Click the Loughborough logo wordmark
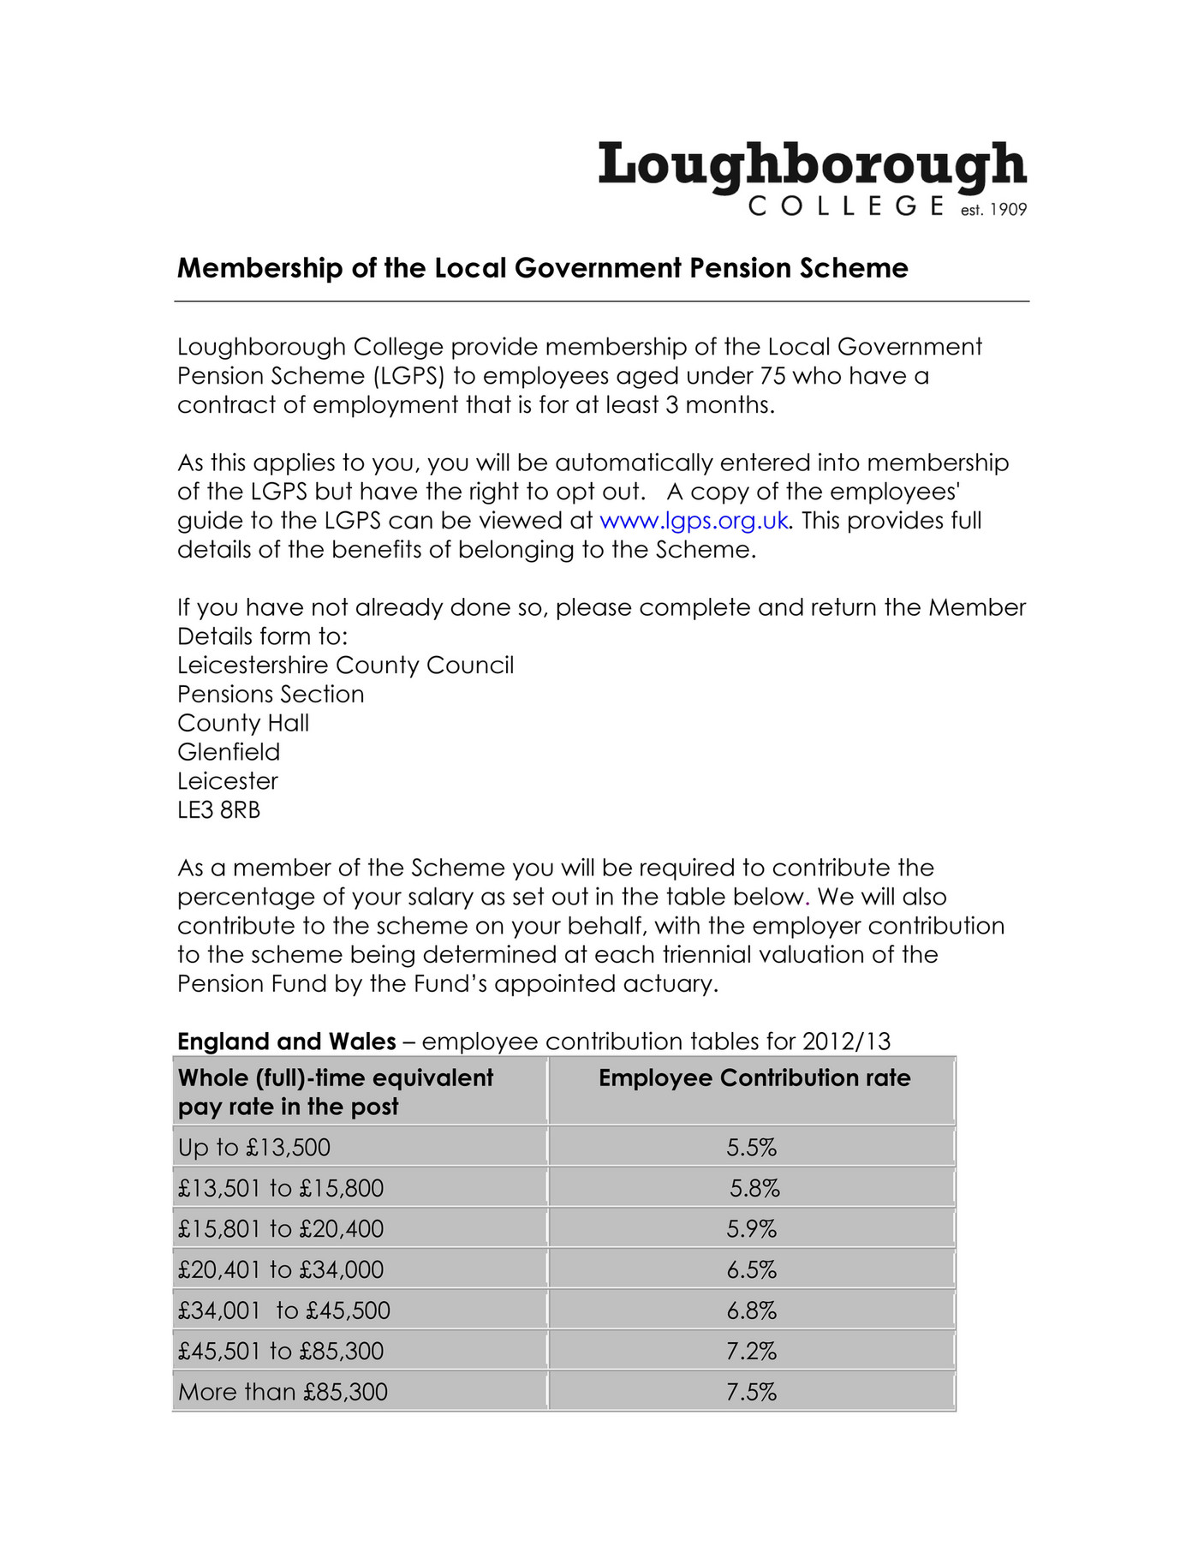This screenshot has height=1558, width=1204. click(x=811, y=166)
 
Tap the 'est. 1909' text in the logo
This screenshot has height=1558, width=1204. click(x=993, y=210)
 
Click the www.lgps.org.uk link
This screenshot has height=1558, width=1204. click(x=694, y=521)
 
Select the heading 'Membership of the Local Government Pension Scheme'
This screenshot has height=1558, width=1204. click(x=542, y=268)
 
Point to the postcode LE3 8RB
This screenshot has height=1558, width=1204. click(x=218, y=810)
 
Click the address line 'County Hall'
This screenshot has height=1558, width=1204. click(x=243, y=723)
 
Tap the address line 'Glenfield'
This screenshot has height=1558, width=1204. click(x=229, y=752)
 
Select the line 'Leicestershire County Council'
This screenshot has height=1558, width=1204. click(x=345, y=666)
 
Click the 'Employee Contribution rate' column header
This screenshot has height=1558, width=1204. click(x=754, y=1077)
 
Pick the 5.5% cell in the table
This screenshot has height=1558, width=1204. click(x=751, y=1148)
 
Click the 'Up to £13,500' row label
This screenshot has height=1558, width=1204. click(x=254, y=1148)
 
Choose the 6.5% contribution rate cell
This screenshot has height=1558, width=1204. click(x=751, y=1270)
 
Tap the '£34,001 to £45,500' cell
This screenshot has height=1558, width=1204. click(x=283, y=1310)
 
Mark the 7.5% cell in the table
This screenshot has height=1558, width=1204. click(x=751, y=1392)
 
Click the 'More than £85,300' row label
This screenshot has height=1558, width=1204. click(x=283, y=1392)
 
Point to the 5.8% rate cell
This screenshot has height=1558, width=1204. click(x=754, y=1189)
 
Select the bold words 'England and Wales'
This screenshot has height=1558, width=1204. click(x=286, y=1042)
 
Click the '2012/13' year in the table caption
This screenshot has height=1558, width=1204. click(x=846, y=1042)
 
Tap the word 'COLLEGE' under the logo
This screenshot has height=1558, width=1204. click(x=846, y=206)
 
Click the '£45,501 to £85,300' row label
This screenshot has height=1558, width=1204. click(x=280, y=1352)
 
